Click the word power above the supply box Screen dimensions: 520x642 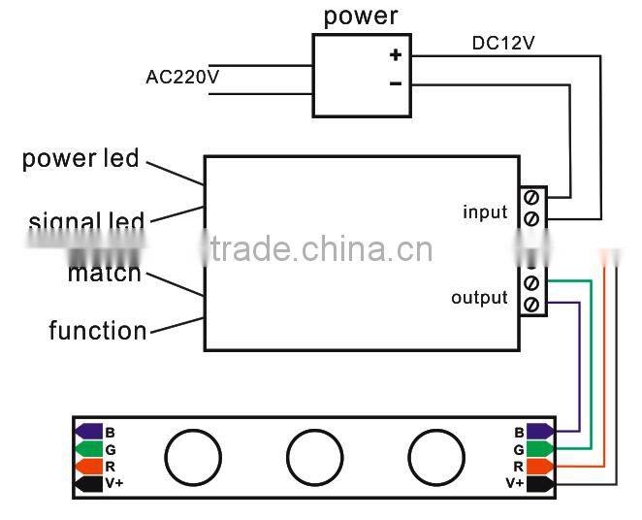point(360,16)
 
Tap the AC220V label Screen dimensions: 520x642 point(181,76)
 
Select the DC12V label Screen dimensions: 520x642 point(504,43)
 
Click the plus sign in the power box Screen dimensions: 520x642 point(396,54)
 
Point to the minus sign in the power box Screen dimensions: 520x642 point(396,84)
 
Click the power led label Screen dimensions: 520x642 point(80,158)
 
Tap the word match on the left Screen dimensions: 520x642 point(104,274)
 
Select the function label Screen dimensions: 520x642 point(98,331)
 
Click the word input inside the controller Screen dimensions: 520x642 point(485,211)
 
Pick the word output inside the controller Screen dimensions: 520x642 point(479,297)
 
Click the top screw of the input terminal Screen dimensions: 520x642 point(531,197)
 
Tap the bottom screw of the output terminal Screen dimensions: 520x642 point(531,305)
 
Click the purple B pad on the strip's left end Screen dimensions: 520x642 point(88,432)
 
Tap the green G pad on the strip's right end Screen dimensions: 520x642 point(540,449)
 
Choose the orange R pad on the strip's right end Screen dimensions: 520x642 point(540,466)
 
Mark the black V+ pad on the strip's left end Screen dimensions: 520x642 point(88,483)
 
